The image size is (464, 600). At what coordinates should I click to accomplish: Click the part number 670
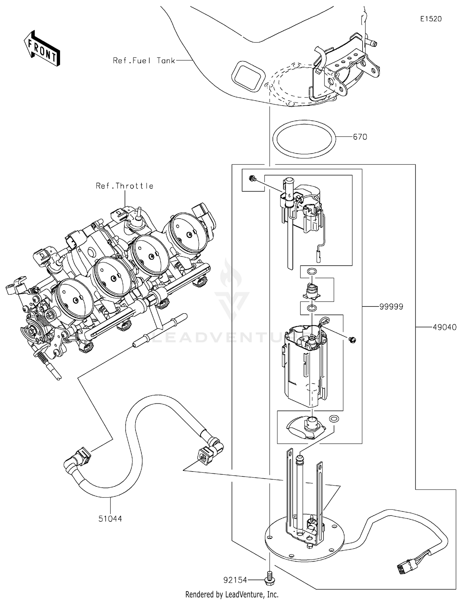pos(360,137)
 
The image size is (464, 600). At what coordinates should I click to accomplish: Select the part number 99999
pos(391,307)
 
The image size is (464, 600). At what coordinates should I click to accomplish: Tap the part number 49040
pos(445,327)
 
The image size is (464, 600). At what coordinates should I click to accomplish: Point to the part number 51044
pos(110,518)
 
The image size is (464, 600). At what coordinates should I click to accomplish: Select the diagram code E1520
pos(431,19)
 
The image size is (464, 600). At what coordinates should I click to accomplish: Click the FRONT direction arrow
pos(41,49)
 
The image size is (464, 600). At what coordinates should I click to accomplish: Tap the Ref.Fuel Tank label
pos(144,61)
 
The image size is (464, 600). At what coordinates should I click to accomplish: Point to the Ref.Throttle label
pos(124,186)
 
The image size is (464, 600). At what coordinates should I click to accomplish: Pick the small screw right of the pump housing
pos(352,340)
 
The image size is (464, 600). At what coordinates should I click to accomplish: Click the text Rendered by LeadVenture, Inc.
pos(232,594)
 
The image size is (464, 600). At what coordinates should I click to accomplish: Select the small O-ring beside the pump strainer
pos(333,419)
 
